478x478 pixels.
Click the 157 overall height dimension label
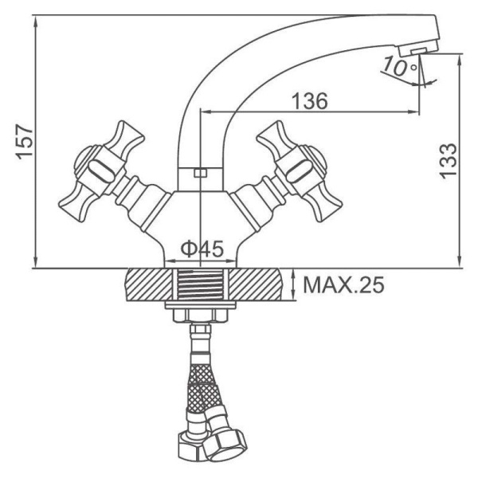pos(25,142)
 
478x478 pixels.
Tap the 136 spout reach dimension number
pos(310,101)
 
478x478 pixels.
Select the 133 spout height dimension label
pos(448,159)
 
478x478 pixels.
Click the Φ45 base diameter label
pos(202,249)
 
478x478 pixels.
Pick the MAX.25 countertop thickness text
pos(344,285)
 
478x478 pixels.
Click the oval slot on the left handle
pos(101,171)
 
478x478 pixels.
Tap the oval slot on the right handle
pos(300,171)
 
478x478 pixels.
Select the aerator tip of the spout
pos(418,50)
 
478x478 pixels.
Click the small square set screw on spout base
pos(200,173)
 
